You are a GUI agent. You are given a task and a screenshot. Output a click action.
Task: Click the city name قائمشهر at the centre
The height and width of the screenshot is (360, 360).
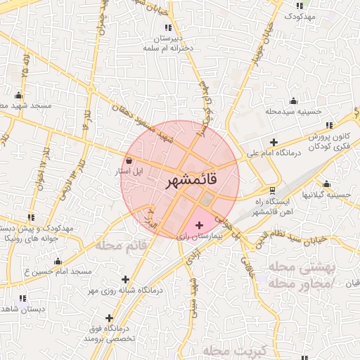[x=191, y=181]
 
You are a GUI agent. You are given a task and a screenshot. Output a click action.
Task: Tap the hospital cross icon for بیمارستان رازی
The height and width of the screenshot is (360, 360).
[x=199, y=226]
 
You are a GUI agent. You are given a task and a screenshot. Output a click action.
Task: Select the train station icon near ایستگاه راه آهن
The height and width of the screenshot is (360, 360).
[x=273, y=190]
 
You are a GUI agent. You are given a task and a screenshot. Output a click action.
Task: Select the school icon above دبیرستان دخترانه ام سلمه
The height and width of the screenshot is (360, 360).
[x=167, y=27]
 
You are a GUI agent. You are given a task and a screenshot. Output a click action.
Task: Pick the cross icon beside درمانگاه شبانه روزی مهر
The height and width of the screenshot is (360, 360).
[x=126, y=280]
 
